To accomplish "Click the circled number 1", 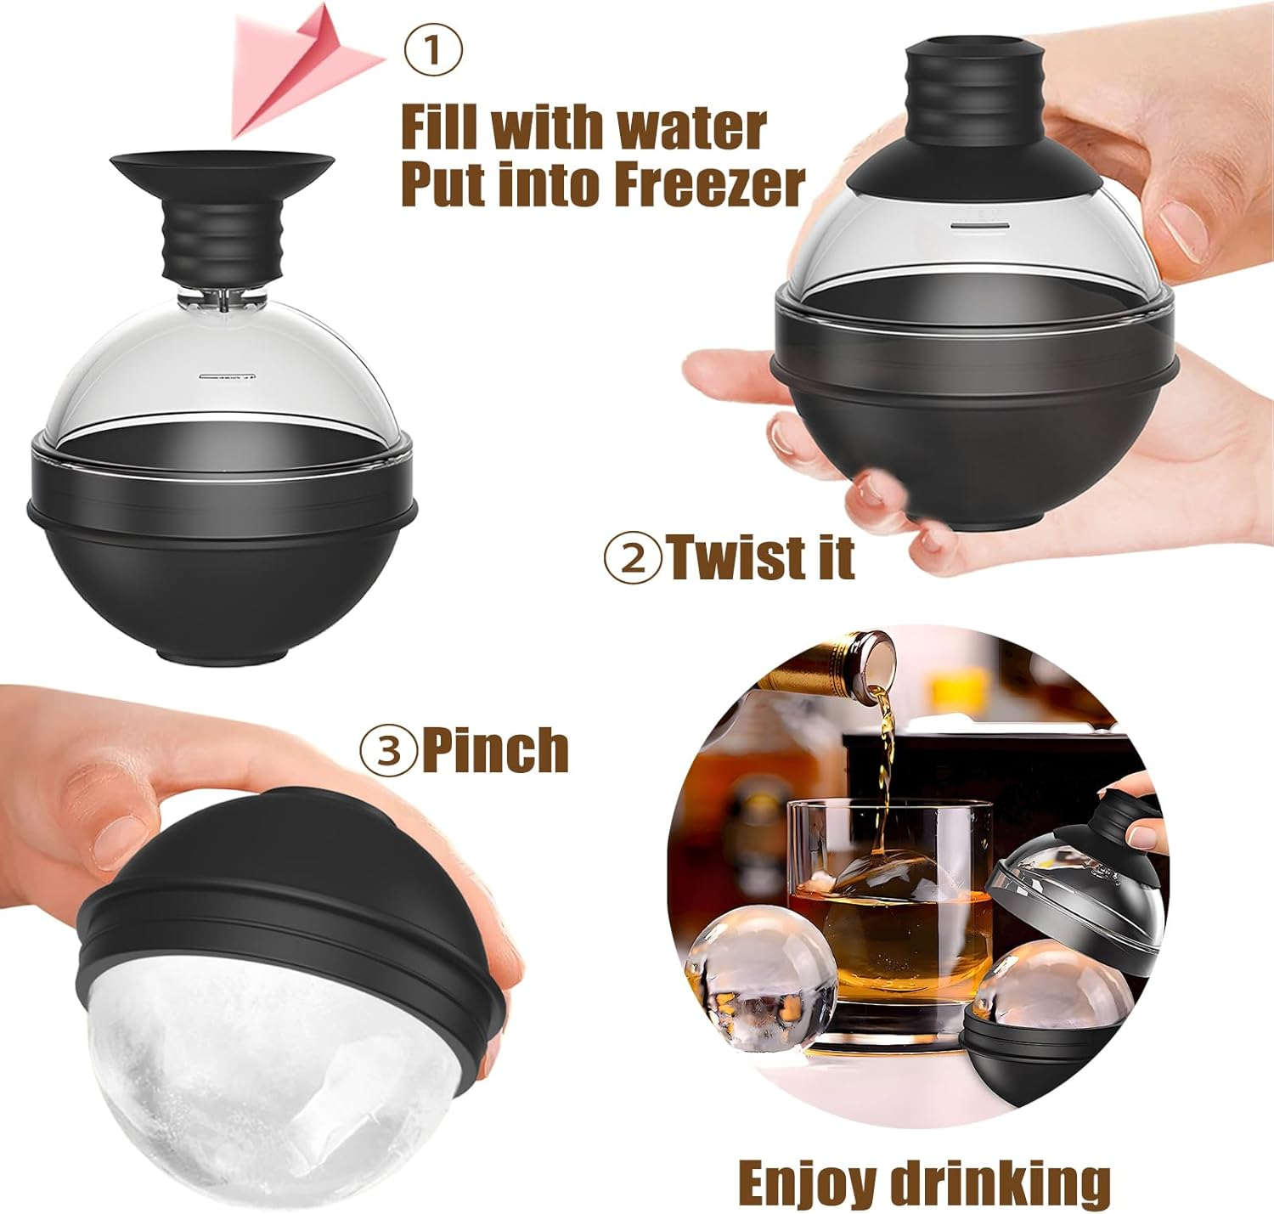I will pos(433,50).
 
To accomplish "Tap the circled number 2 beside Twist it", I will pos(631,558).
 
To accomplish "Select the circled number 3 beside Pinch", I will pos(388,750).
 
